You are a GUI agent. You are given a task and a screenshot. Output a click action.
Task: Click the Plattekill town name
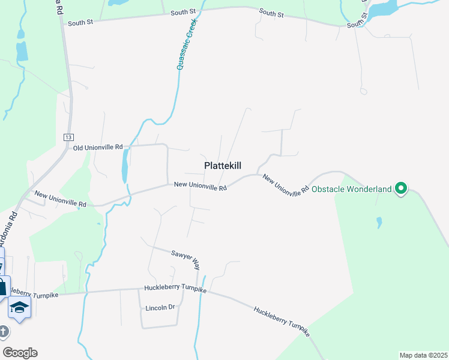tap(223, 166)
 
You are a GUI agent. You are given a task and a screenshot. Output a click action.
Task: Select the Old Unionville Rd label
tap(98, 147)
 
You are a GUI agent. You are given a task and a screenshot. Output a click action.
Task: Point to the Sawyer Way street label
tap(185, 258)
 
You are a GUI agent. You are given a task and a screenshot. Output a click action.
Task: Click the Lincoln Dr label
tap(160, 308)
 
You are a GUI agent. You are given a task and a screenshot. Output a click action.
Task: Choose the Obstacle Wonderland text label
tap(352, 189)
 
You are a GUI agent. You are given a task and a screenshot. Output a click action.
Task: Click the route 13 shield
tap(68, 137)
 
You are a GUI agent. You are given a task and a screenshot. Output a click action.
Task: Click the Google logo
tap(20, 352)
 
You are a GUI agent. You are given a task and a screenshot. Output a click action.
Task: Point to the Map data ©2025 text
tap(423, 355)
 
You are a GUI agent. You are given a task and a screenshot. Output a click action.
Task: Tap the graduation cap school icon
tap(19, 307)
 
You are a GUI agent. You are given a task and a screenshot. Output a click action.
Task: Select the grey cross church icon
tap(4, 331)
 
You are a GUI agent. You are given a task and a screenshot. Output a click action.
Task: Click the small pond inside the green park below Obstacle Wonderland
tap(379, 223)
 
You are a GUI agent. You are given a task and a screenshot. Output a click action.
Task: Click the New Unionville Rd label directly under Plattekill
tap(200, 187)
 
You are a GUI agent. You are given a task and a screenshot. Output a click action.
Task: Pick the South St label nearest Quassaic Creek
tap(184, 12)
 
